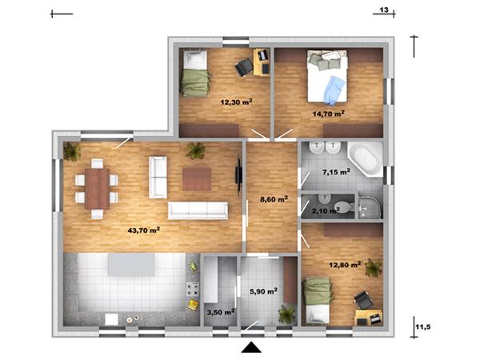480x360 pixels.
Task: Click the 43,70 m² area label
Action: [144, 230]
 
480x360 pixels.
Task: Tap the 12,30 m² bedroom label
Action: [236, 102]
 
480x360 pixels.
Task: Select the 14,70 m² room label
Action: [329, 114]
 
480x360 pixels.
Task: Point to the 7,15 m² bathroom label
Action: [337, 172]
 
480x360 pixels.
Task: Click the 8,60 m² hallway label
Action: [274, 199]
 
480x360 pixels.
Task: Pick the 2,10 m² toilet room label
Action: [326, 210]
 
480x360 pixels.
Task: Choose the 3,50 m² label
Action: [221, 313]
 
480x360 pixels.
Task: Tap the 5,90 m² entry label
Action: [263, 291]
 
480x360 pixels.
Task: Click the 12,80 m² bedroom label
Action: [345, 265]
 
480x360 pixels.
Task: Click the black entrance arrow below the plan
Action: [251, 347]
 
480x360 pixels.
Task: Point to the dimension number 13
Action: [384, 10]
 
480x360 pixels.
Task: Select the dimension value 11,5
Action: [423, 327]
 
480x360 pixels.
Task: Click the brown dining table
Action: [98, 189]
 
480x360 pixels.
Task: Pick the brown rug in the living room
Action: [197, 179]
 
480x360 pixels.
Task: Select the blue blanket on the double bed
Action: [335, 90]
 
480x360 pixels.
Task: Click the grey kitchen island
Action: [132, 265]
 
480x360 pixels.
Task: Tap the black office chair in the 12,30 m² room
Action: [244, 67]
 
